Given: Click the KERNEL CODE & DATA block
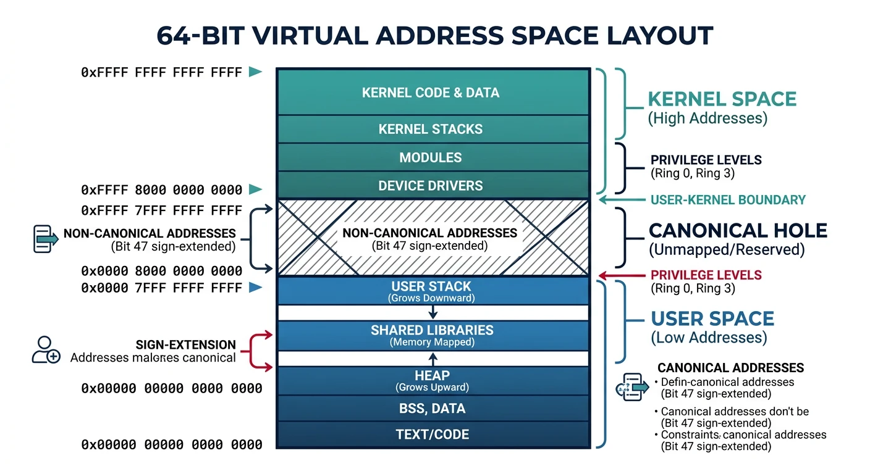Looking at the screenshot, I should tap(431, 93).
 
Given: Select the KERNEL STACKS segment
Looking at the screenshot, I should tap(431, 129).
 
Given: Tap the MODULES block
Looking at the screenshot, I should tap(431, 157).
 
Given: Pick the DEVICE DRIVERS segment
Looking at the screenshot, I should tap(431, 185).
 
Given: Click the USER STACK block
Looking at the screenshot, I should tap(431, 291).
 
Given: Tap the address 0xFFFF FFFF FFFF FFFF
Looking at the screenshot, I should tap(161, 73).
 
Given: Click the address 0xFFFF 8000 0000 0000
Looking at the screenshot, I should tap(161, 190).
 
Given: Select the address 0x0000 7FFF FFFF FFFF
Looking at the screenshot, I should tap(161, 288).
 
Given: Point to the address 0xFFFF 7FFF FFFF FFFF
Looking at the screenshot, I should tap(161, 211).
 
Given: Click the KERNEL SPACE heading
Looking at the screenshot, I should tap(722, 99).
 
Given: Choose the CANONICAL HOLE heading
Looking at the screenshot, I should tap(737, 231).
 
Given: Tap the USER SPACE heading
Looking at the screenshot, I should tap(712, 319).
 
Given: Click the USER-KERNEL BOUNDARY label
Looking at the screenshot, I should tap(728, 200).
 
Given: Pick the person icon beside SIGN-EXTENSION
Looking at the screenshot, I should tap(45, 349).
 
